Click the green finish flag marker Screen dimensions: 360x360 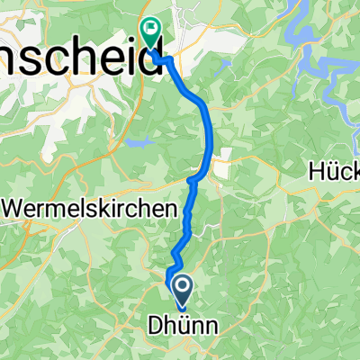point(150,33)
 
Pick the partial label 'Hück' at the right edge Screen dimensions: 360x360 point(334,170)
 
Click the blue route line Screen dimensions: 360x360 point(211,135)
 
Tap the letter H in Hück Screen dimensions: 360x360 point(316,170)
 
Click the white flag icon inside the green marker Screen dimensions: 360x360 point(150,30)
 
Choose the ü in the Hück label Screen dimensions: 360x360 point(333,170)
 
